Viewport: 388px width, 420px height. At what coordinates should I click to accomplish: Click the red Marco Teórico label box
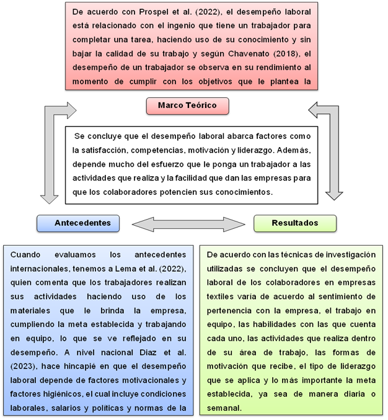(x=187, y=106)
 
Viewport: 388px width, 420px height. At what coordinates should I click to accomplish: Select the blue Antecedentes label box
(x=78, y=223)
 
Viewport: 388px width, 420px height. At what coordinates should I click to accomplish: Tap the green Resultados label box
(x=295, y=223)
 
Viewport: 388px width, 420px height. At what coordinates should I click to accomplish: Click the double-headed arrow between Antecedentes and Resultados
(x=188, y=224)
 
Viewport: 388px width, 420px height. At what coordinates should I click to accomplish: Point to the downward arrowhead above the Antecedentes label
(x=49, y=199)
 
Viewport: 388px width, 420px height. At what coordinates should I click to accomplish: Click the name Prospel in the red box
(x=154, y=12)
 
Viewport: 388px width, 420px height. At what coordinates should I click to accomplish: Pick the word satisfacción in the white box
(x=104, y=150)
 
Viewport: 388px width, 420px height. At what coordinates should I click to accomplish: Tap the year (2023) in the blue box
(x=23, y=366)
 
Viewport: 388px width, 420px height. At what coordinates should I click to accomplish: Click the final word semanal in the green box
(x=224, y=408)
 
